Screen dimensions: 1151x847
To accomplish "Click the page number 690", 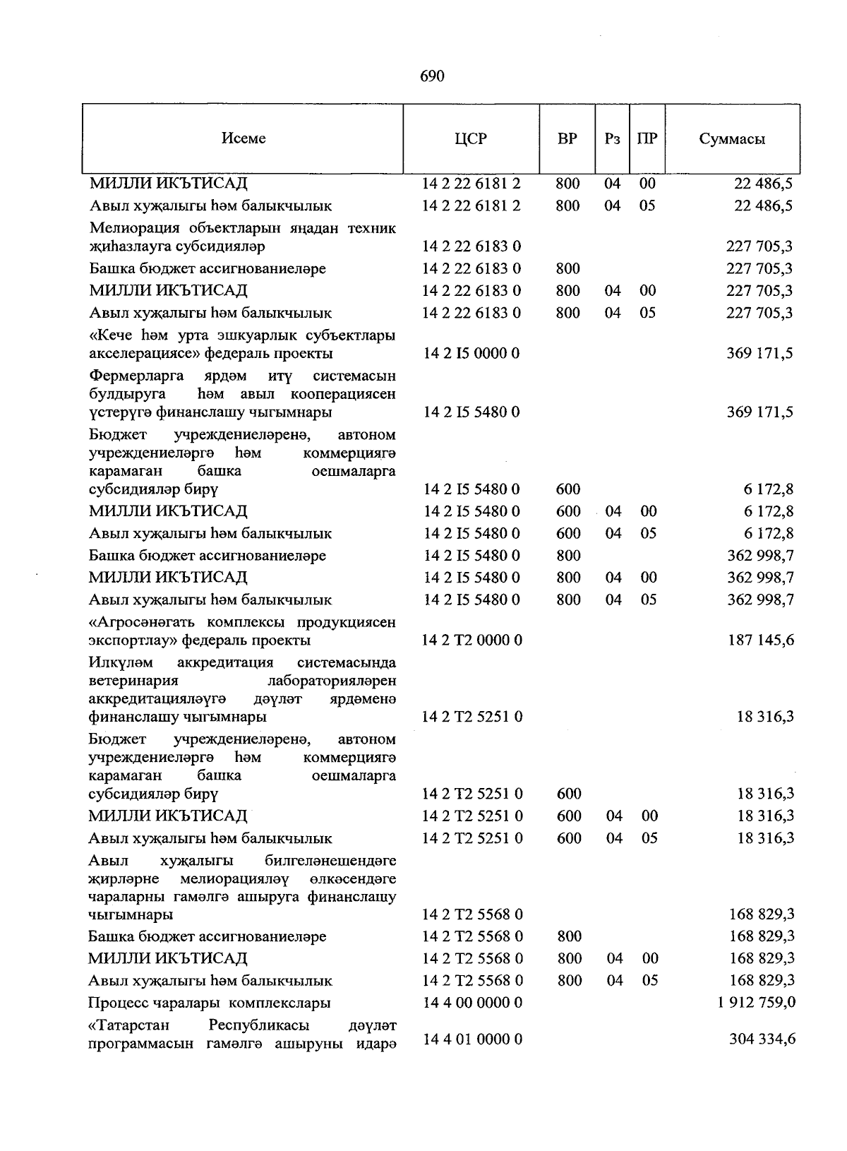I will (x=431, y=76).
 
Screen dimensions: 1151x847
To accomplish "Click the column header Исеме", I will (x=244, y=138).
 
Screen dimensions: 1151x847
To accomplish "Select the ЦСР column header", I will (x=471, y=138).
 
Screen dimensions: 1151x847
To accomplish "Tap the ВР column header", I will (x=567, y=138).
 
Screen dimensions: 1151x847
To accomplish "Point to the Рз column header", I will (x=612, y=138).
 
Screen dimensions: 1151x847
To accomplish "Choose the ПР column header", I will (x=647, y=138).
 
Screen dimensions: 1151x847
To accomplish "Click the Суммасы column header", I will (x=732, y=138).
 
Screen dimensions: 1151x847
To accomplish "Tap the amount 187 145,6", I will (x=762, y=640).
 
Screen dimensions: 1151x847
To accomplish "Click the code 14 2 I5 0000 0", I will (x=471, y=353).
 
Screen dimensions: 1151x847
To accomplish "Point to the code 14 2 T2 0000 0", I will (x=472, y=640).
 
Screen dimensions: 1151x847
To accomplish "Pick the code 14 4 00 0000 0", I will (x=472, y=1003).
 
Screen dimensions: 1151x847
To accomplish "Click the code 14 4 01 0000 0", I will (x=472, y=1039).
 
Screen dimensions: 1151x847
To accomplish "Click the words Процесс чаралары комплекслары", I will (x=210, y=1003).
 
